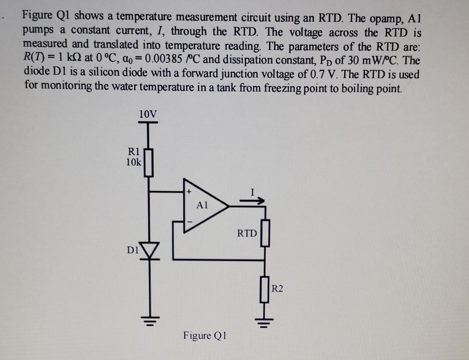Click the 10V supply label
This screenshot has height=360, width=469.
tap(147, 114)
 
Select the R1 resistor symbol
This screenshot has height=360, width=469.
tap(149, 162)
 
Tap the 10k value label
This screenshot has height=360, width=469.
tap(134, 162)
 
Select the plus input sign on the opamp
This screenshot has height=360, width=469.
tap(189, 192)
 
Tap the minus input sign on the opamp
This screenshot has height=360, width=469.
tap(190, 221)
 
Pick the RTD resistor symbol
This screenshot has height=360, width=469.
tap(265, 233)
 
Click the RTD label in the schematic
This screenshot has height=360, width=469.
tap(247, 233)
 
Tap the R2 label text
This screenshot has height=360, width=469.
tap(277, 288)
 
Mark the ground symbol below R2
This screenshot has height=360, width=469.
tap(264, 322)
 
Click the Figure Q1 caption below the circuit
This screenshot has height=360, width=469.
tap(205, 335)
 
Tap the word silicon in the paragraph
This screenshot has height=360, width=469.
tap(105, 73)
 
